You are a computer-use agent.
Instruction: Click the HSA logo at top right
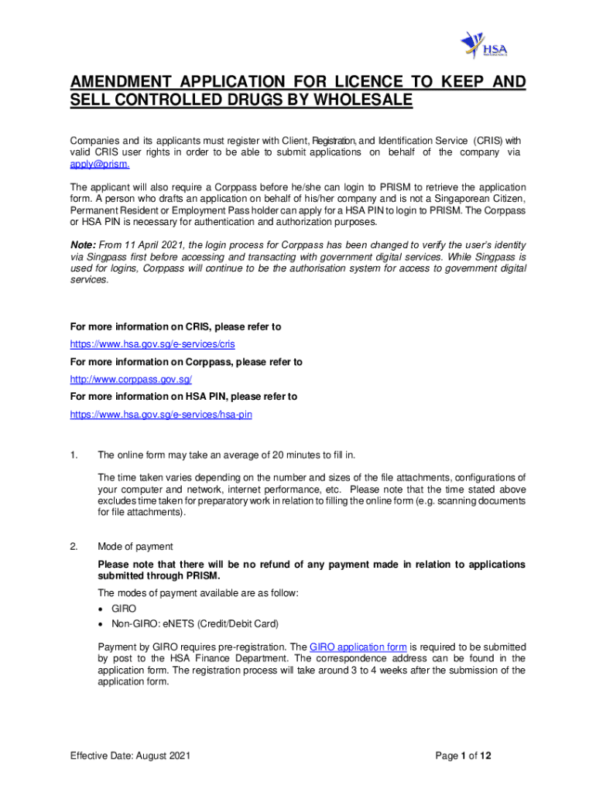481,43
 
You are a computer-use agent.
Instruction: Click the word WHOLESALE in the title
359,101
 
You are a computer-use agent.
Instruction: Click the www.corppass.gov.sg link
131,379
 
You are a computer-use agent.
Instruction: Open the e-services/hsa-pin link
161,415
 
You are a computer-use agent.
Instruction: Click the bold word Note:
84,244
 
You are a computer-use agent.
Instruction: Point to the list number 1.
74,454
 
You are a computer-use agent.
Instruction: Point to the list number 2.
74,547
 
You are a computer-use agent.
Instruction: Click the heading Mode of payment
135,547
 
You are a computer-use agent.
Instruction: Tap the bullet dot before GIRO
101,609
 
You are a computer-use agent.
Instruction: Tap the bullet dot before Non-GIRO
101,623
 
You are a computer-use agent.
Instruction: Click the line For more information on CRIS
176,327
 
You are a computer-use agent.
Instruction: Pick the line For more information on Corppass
186,362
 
